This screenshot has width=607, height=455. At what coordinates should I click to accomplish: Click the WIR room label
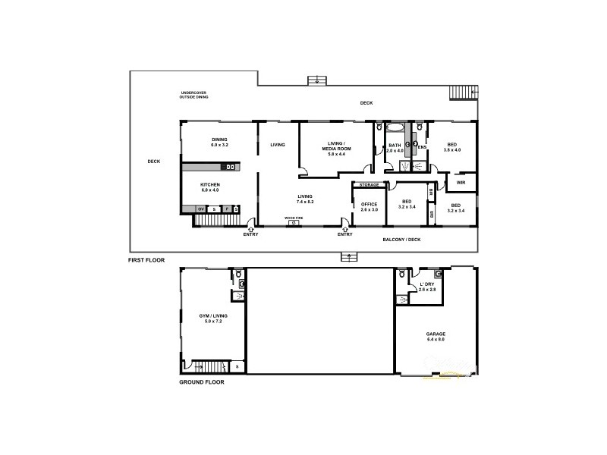[x=461, y=182]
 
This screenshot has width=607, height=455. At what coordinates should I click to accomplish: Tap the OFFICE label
[x=370, y=204]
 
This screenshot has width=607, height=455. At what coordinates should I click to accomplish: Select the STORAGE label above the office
[x=369, y=185]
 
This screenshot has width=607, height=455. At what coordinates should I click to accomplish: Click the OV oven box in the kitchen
[x=201, y=209]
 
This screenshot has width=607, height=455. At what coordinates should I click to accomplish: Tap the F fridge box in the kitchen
[x=226, y=209]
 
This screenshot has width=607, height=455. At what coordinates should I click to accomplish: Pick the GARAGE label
[x=436, y=334]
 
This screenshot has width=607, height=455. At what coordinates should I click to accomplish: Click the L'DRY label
[x=427, y=284]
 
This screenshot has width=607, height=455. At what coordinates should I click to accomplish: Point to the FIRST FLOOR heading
[x=146, y=260]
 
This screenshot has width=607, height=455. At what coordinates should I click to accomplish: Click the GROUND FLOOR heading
[x=201, y=381]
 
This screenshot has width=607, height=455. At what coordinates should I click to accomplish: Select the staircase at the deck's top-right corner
[x=462, y=93]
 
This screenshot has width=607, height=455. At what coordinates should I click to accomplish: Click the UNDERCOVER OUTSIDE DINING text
[x=193, y=96]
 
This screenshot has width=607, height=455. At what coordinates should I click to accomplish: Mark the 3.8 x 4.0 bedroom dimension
[x=452, y=149]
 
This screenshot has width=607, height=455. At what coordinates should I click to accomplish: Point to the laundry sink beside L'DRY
[x=402, y=299]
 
